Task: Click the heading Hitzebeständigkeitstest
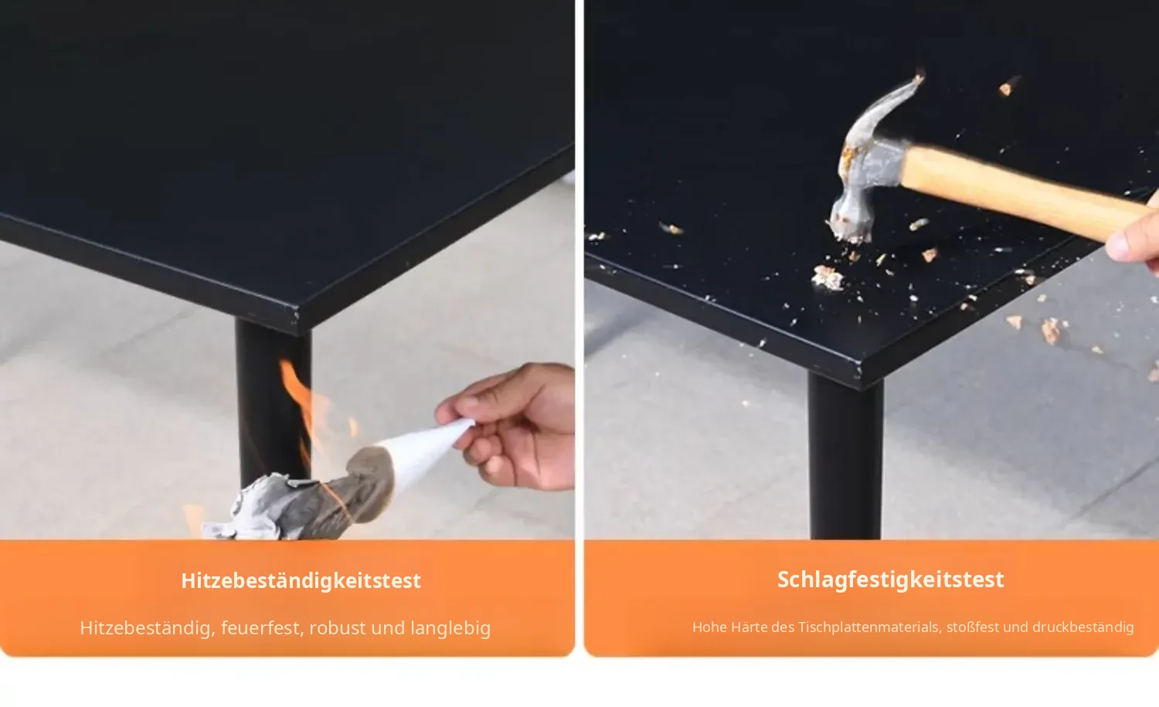301,581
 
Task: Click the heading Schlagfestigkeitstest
890,580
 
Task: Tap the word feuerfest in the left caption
261,628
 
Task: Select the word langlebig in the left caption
450,628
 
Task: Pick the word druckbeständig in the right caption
1083,627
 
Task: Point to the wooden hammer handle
1025,192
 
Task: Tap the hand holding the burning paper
512,424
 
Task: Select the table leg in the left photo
274,403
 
